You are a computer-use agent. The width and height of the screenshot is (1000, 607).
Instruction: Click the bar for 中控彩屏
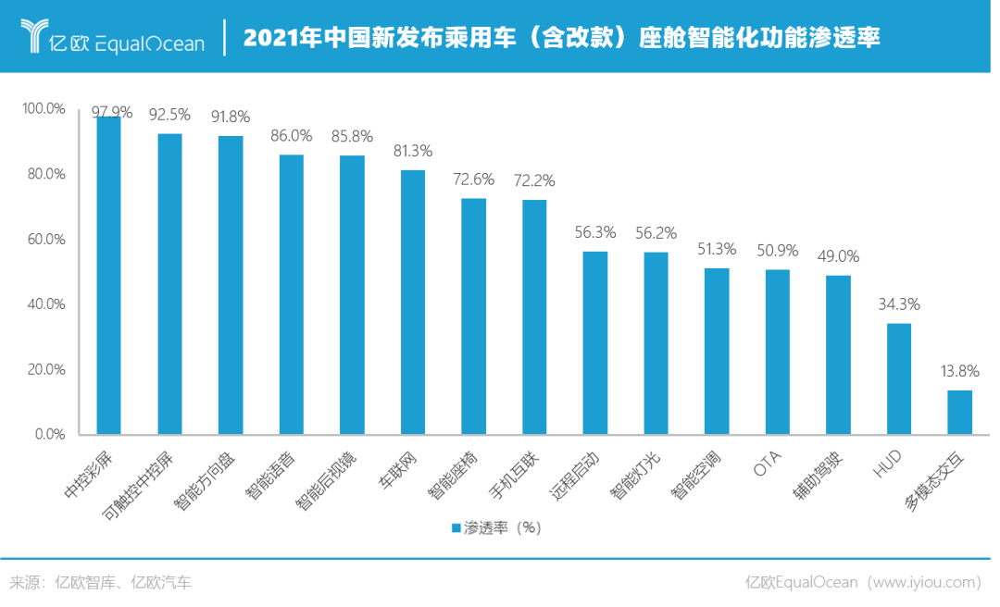[x=109, y=276]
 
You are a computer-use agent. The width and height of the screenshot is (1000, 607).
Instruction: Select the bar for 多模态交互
[x=959, y=413]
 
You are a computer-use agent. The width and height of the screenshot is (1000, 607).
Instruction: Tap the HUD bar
[x=898, y=379]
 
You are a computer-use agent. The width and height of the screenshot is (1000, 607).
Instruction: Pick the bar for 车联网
[x=413, y=303]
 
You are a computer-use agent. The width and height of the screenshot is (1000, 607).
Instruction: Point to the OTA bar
[x=778, y=352]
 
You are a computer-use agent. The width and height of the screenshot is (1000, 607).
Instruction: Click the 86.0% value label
[x=291, y=136]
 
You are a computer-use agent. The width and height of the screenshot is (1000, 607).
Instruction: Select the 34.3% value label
[x=898, y=304]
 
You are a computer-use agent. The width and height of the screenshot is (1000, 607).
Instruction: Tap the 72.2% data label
[x=534, y=181]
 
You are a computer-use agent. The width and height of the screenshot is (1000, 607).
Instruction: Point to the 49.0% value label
[x=838, y=256]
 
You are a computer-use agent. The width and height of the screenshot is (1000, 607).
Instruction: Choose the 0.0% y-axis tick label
[x=50, y=434]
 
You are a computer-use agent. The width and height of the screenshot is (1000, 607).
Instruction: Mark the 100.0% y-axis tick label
[x=44, y=108]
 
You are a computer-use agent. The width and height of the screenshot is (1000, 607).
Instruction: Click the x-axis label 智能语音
[x=269, y=476]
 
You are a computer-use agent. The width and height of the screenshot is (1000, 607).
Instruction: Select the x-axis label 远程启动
[x=574, y=476]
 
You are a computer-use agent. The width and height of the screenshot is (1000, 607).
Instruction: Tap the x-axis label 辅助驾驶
[x=818, y=476]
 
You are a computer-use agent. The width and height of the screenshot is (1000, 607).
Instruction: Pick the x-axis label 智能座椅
[x=452, y=476]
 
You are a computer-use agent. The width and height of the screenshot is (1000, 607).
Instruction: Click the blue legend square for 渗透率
[x=456, y=528]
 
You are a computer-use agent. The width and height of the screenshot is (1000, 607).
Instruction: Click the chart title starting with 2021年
[x=561, y=37]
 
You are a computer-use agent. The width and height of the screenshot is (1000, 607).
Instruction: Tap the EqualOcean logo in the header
[x=112, y=36]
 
